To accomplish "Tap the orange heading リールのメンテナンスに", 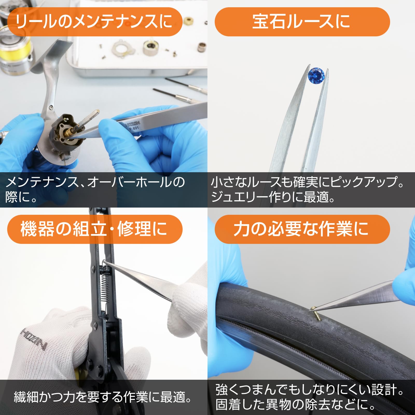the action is (x=94, y=22).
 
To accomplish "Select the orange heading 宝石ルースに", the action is (x=302, y=22).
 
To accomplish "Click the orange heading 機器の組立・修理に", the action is (x=94, y=229).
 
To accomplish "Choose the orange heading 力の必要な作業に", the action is (x=302, y=229).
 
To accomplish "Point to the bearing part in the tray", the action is (x=150, y=47).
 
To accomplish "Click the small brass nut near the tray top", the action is (x=189, y=21).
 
